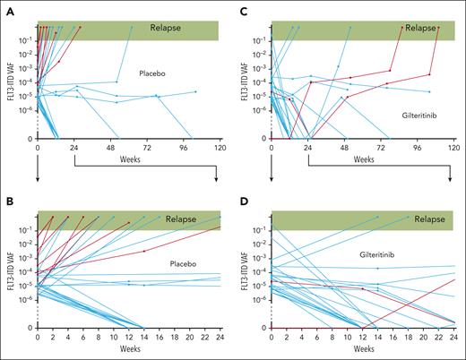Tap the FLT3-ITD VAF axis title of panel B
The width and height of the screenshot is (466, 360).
(x=8, y=270)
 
